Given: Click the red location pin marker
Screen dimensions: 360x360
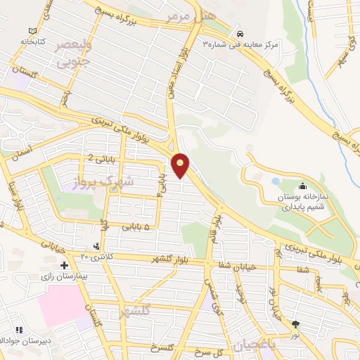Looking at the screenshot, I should point(181,166).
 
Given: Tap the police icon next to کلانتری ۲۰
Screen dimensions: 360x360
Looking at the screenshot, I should point(96,246).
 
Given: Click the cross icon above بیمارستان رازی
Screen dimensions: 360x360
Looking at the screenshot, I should point(64,265).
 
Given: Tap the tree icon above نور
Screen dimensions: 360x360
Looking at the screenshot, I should point(295,324).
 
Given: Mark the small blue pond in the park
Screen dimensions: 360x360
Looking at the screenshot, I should point(275,181).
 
